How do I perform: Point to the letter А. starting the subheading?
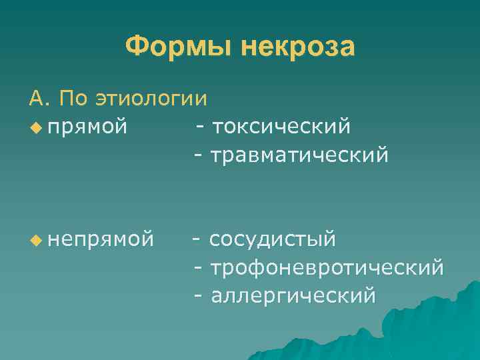click(x=39, y=99)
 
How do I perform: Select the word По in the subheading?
click(x=75, y=99)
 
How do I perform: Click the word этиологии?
click(x=151, y=99)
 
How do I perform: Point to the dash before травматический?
click(x=198, y=156)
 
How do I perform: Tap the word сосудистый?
click(x=273, y=239)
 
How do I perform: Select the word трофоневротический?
click(x=327, y=267)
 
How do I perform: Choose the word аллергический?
click(x=293, y=295)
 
